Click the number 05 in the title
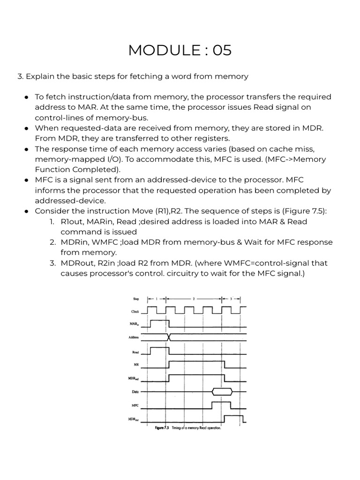pyautogui.click(x=222, y=50)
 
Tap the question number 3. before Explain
pyautogui.click(x=20, y=76)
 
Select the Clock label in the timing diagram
pyautogui.click(x=135, y=311)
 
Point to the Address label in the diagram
pyautogui.click(x=134, y=337)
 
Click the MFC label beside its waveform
pyautogui.click(x=135, y=405)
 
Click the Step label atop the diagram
pyautogui.click(x=136, y=298)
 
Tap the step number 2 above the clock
pyautogui.click(x=194, y=298)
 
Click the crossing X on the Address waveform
pyautogui.click(x=169, y=337)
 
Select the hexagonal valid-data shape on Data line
pyautogui.click(x=222, y=390)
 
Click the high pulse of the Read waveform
pyautogui.click(x=159, y=349)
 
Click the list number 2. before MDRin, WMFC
pyautogui.click(x=53, y=242)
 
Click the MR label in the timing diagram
pyautogui.click(x=136, y=363)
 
